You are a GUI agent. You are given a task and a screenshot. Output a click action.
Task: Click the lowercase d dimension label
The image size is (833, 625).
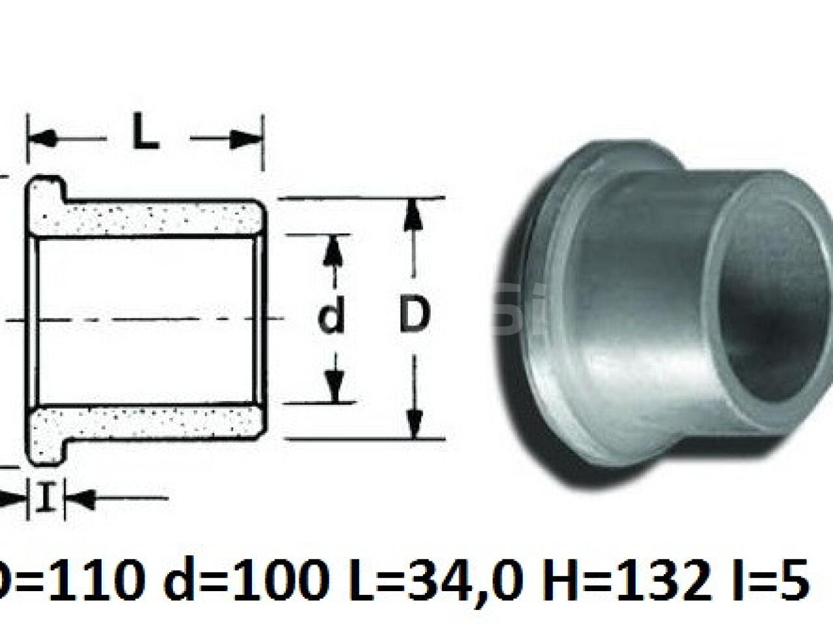click(332, 318)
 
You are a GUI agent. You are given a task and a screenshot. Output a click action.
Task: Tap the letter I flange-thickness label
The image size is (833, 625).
click(45, 499)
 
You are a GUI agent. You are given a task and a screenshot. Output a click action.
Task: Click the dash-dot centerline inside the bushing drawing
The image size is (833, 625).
click(150, 319)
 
